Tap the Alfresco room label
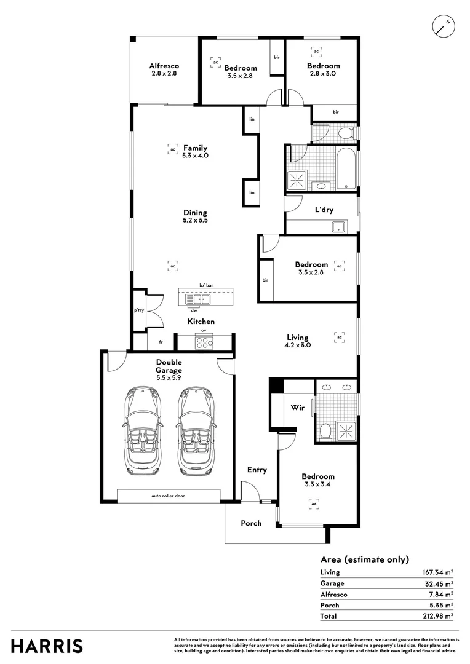[164, 66]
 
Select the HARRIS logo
[47, 646]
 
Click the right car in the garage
[195, 430]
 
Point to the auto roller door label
[168, 495]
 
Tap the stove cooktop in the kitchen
[204, 342]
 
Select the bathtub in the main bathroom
[346, 168]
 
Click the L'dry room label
[324, 210]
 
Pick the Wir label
[298, 407]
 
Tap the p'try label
[139, 310]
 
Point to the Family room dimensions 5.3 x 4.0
[195, 156]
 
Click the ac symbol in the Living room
[338, 337]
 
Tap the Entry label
[257, 470]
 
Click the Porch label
[251, 523]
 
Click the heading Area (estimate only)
[364, 559]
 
